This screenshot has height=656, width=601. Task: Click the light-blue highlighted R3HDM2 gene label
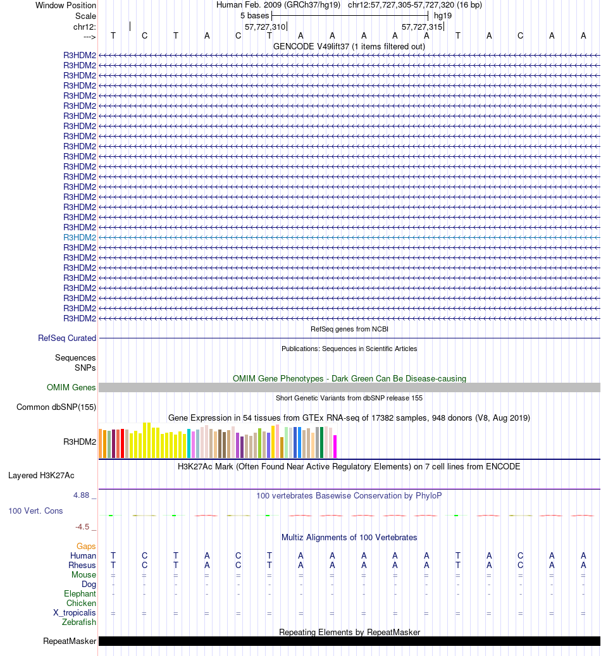(x=80, y=237)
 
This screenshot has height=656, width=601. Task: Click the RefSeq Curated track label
(x=67, y=338)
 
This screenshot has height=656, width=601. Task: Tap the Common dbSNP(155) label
(x=56, y=407)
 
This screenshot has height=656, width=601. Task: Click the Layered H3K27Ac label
(x=46, y=475)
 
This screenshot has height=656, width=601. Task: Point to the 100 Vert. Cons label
(x=35, y=511)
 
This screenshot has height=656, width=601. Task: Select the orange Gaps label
(x=86, y=546)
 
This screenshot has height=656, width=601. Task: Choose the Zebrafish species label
(x=79, y=622)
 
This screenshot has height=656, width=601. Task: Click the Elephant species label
(x=80, y=594)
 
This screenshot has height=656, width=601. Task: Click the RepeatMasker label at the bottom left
(x=70, y=641)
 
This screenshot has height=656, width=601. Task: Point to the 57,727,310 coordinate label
(x=265, y=27)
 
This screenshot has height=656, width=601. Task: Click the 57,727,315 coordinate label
(x=422, y=27)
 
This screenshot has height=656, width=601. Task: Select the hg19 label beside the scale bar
(x=443, y=15)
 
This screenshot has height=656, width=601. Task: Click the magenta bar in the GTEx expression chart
(x=335, y=446)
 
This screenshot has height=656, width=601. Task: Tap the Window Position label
(x=66, y=5)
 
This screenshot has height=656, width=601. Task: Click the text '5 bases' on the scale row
(x=254, y=15)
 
